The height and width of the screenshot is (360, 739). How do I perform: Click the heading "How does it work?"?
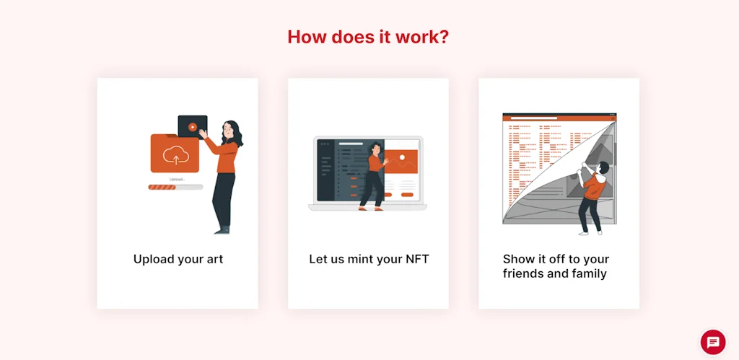pyautogui.click(x=368, y=37)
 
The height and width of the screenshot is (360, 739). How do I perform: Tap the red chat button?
pyautogui.click(x=713, y=342)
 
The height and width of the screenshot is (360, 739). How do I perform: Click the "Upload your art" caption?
pyautogui.click(x=178, y=259)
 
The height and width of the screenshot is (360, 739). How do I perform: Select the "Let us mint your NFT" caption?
pyautogui.click(x=369, y=259)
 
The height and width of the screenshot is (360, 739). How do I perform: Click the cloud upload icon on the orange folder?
pyautogui.click(x=176, y=155)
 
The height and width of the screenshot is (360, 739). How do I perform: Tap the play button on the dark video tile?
pyautogui.click(x=192, y=127)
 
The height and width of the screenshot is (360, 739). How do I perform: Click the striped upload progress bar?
pyautogui.click(x=175, y=187)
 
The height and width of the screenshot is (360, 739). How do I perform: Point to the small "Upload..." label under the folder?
pyautogui.click(x=177, y=180)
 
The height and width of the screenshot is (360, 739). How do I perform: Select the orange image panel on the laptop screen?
pyautogui.click(x=401, y=162)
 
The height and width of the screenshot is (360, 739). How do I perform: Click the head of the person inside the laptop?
pyautogui.click(x=375, y=148)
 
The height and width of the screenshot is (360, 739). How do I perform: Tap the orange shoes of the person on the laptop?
pyautogui.click(x=370, y=208)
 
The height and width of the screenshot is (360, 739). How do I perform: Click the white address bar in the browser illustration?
pyautogui.click(x=534, y=118)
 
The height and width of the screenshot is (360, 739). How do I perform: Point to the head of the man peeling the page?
pyautogui.click(x=603, y=167)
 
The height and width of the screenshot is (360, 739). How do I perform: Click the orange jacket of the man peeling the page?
pyautogui.click(x=594, y=187)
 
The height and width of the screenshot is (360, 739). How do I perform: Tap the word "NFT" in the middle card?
pyautogui.click(x=416, y=259)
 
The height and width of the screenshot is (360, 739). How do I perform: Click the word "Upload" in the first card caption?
pyautogui.click(x=150, y=260)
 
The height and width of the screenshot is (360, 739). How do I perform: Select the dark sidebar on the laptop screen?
pyautogui.click(x=325, y=170)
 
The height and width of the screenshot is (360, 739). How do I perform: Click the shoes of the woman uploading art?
pyautogui.click(x=222, y=231)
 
